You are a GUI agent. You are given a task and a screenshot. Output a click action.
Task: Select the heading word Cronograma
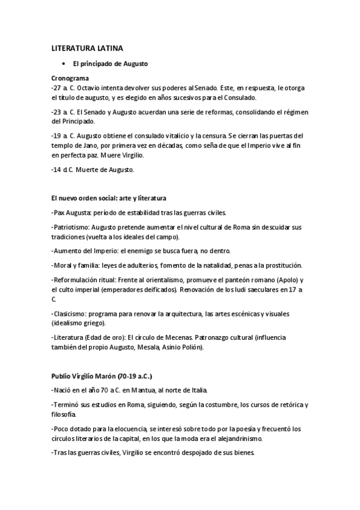(x=70, y=78)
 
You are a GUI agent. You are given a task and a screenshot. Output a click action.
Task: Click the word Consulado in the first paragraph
(x=241, y=97)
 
